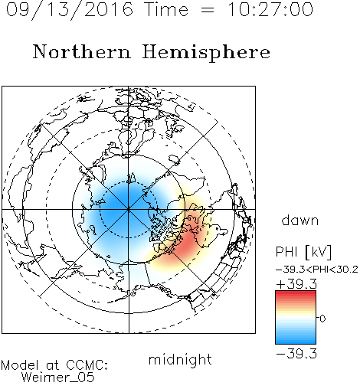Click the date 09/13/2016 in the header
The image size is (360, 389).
point(70,10)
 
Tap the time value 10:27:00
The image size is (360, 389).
point(270,9)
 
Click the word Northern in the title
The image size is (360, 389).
point(82,51)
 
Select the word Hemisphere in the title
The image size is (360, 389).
point(206,53)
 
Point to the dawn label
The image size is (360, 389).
point(300,220)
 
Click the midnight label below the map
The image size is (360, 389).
point(180,360)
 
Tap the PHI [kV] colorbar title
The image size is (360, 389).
point(303,252)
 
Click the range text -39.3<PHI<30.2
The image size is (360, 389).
point(316,270)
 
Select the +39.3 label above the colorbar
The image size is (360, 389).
point(296,284)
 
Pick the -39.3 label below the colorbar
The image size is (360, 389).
point(296,354)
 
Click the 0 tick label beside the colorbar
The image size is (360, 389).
point(322,319)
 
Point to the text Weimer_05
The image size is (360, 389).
point(58,378)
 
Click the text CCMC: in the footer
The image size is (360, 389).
point(87,365)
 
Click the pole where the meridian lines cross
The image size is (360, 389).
point(129,209)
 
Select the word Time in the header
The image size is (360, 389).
point(166,9)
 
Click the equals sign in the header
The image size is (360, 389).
point(208,10)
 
